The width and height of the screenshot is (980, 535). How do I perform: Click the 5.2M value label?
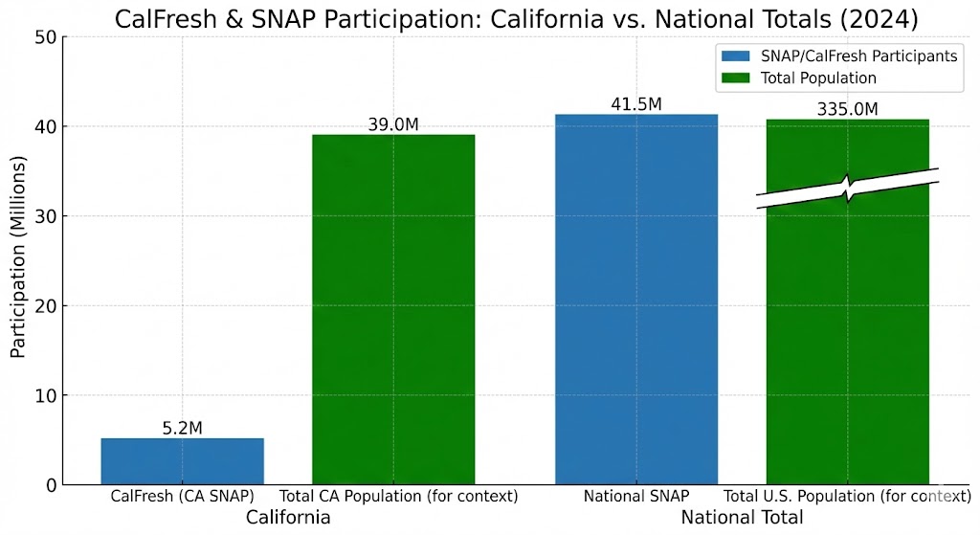point(182,428)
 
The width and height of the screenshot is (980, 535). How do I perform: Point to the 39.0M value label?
point(393,124)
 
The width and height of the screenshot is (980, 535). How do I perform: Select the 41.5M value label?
point(636,103)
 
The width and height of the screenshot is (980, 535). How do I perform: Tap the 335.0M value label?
point(848,109)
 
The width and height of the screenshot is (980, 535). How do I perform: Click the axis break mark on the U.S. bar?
point(848,189)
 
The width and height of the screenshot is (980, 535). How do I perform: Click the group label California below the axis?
point(288,518)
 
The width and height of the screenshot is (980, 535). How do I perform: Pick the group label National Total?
point(742,518)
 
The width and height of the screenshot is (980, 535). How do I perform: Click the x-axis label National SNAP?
point(636,497)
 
